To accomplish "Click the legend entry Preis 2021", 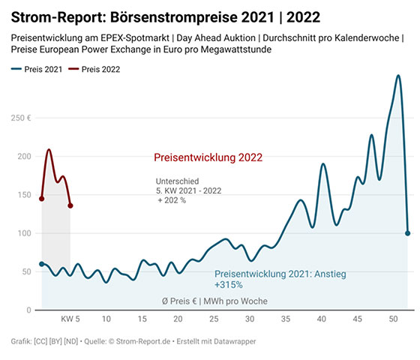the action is [x=37, y=69].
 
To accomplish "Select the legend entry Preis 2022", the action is [x=94, y=69].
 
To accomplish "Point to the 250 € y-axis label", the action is [x=21, y=118].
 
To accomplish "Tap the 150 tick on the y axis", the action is [x=24, y=195].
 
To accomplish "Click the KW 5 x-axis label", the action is [x=70, y=319].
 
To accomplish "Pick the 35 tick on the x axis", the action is [x=286, y=319].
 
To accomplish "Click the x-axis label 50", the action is [x=393, y=319].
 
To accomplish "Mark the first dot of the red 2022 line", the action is [x=41, y=199].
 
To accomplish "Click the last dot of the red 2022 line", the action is [x=70, y=205].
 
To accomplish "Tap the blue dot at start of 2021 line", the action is [x=41, y=264].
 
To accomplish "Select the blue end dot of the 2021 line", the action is [x=407, y=233].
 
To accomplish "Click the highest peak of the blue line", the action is [x=398, y=76].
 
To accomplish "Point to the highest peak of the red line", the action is [x=49, y=149].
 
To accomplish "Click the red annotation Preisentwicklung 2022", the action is [x=208, y=157].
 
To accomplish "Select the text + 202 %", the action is [x=172, y=200].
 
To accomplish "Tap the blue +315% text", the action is [x=229, y=285].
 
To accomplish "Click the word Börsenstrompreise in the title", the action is [x=174, y=17].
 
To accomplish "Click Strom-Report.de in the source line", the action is [x=143, y=341].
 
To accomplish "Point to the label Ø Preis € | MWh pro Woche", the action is [x=214, y=301].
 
